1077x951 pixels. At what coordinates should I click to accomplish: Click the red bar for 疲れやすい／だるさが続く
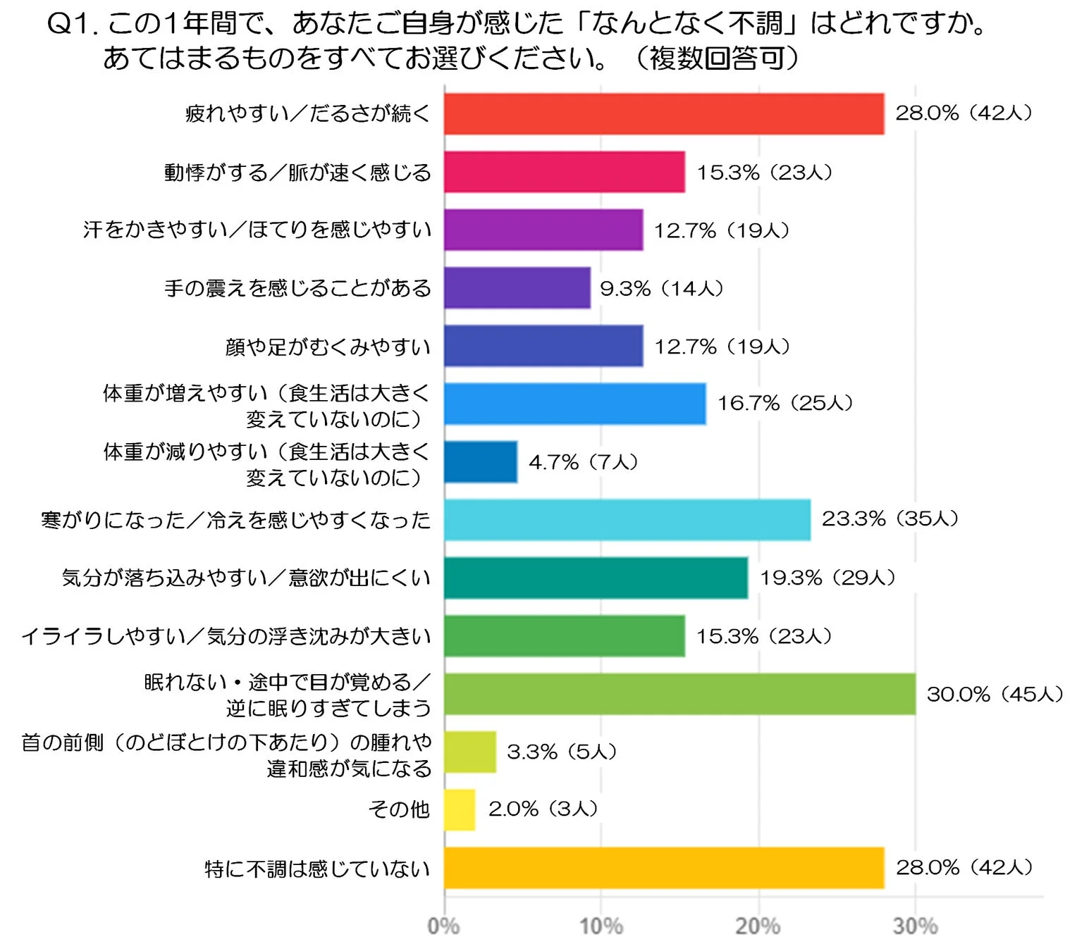[663, 114]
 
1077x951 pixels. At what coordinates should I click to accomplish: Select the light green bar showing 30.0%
[679, 694]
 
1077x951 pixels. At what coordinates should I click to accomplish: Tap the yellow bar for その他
[460, 810]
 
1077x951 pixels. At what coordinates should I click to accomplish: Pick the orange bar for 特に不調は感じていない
[663, 868]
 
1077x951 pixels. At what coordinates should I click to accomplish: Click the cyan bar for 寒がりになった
[627, 520]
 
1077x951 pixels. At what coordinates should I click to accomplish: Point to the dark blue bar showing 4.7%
[480, 462]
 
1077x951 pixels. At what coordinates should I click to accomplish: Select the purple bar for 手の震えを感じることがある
[517, 288]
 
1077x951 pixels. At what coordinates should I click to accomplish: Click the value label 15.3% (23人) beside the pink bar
[765, 173]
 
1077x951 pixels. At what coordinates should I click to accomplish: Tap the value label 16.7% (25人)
[785, 404]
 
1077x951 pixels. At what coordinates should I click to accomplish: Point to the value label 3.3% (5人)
[562, 752]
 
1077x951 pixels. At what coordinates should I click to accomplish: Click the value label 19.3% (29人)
[827, 578]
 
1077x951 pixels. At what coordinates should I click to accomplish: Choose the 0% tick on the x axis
[443, 926]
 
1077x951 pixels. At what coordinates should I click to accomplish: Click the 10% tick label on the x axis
[601, 926]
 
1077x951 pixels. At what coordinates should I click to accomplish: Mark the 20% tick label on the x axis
[758, 926]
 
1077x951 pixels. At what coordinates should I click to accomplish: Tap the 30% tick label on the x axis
[915, 926]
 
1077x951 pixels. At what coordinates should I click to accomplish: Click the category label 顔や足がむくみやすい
[328, 347]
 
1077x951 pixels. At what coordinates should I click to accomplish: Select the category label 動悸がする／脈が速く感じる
[297, 173]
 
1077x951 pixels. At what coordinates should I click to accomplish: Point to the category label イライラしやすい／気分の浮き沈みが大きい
[226, 636]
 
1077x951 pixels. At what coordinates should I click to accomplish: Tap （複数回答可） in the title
[717, 58]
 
